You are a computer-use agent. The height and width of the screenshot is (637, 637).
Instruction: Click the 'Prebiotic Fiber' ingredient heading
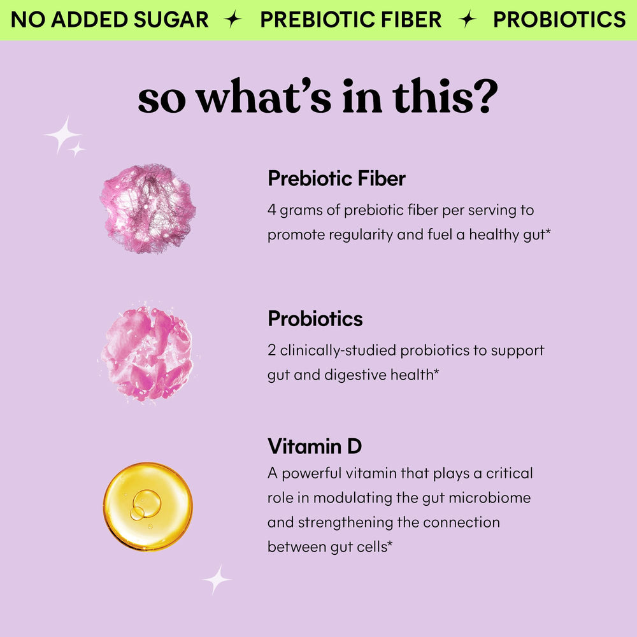[336, 178]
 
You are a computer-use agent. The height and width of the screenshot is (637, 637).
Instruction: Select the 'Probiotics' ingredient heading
[315, 318]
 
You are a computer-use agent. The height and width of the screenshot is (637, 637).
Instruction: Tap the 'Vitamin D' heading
[315, 446]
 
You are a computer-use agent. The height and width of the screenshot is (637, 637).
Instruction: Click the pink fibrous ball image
[148, 208]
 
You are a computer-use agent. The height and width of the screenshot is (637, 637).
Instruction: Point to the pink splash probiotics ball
[147, 354]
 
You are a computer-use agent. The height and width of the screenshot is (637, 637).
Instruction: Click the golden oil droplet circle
[148, 506]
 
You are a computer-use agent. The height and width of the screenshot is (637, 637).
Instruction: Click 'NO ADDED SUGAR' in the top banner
[110, 20]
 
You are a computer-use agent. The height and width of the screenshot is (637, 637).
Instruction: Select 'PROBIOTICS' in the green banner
[559, 20]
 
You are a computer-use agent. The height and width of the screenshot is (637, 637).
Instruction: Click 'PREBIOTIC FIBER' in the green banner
[350, 20]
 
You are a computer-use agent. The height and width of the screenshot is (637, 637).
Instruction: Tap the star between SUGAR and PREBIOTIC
[234, 20]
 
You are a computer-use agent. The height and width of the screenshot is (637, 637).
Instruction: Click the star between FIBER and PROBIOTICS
[468, 20]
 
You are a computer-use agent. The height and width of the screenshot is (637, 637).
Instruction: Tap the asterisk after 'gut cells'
[388, 545]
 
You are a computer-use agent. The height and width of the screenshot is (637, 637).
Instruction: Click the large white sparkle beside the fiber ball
[62, 134]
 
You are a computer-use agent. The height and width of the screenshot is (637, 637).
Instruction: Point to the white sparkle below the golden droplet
[217, 579]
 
